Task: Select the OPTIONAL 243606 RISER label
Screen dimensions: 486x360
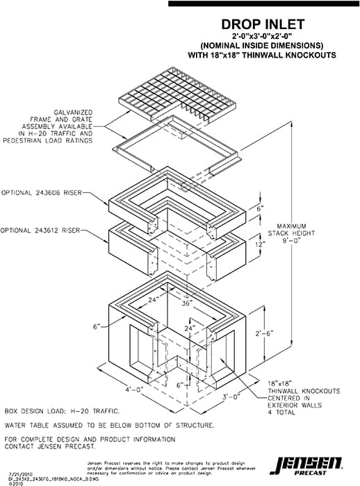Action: click(41, 193)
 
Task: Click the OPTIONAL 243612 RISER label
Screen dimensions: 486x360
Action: click(41, 230)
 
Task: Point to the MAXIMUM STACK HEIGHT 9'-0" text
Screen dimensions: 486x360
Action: click(297, 235)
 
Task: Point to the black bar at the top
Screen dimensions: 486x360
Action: click(263, 3)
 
